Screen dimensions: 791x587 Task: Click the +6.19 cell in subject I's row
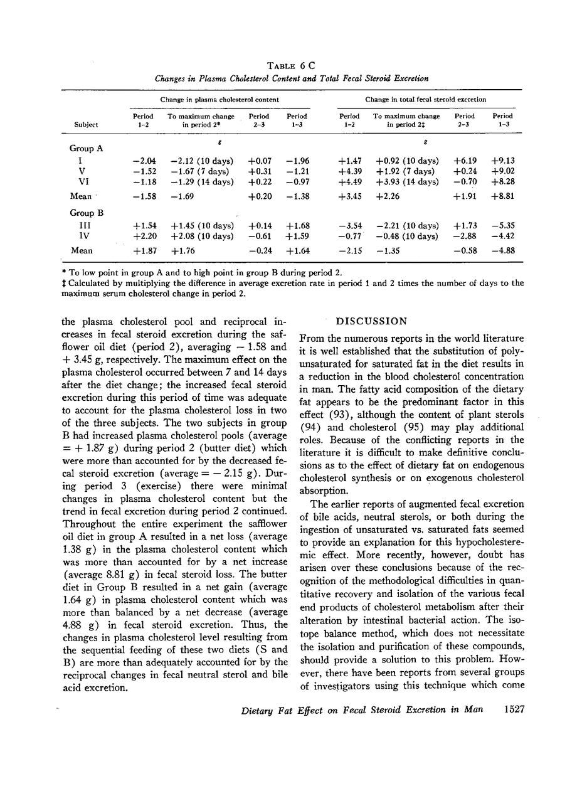pos(464,161)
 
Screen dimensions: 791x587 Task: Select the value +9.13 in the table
pos(503,161)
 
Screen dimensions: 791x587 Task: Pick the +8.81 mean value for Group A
pos(503,196)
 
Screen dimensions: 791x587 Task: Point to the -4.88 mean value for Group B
pos(503,251)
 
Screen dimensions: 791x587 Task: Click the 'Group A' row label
pos(86,149)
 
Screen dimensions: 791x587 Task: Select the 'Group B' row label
pos(86,213)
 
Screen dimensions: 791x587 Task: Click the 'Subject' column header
pos(86,125)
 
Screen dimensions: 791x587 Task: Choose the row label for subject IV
pos(83,236)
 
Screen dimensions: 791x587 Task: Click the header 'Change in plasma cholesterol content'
pos(219,100)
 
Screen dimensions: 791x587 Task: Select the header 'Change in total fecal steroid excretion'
pos(425,100)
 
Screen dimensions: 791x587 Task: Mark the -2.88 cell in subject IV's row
pos(464,236)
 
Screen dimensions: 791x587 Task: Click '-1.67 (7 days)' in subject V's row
pos(202,171)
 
